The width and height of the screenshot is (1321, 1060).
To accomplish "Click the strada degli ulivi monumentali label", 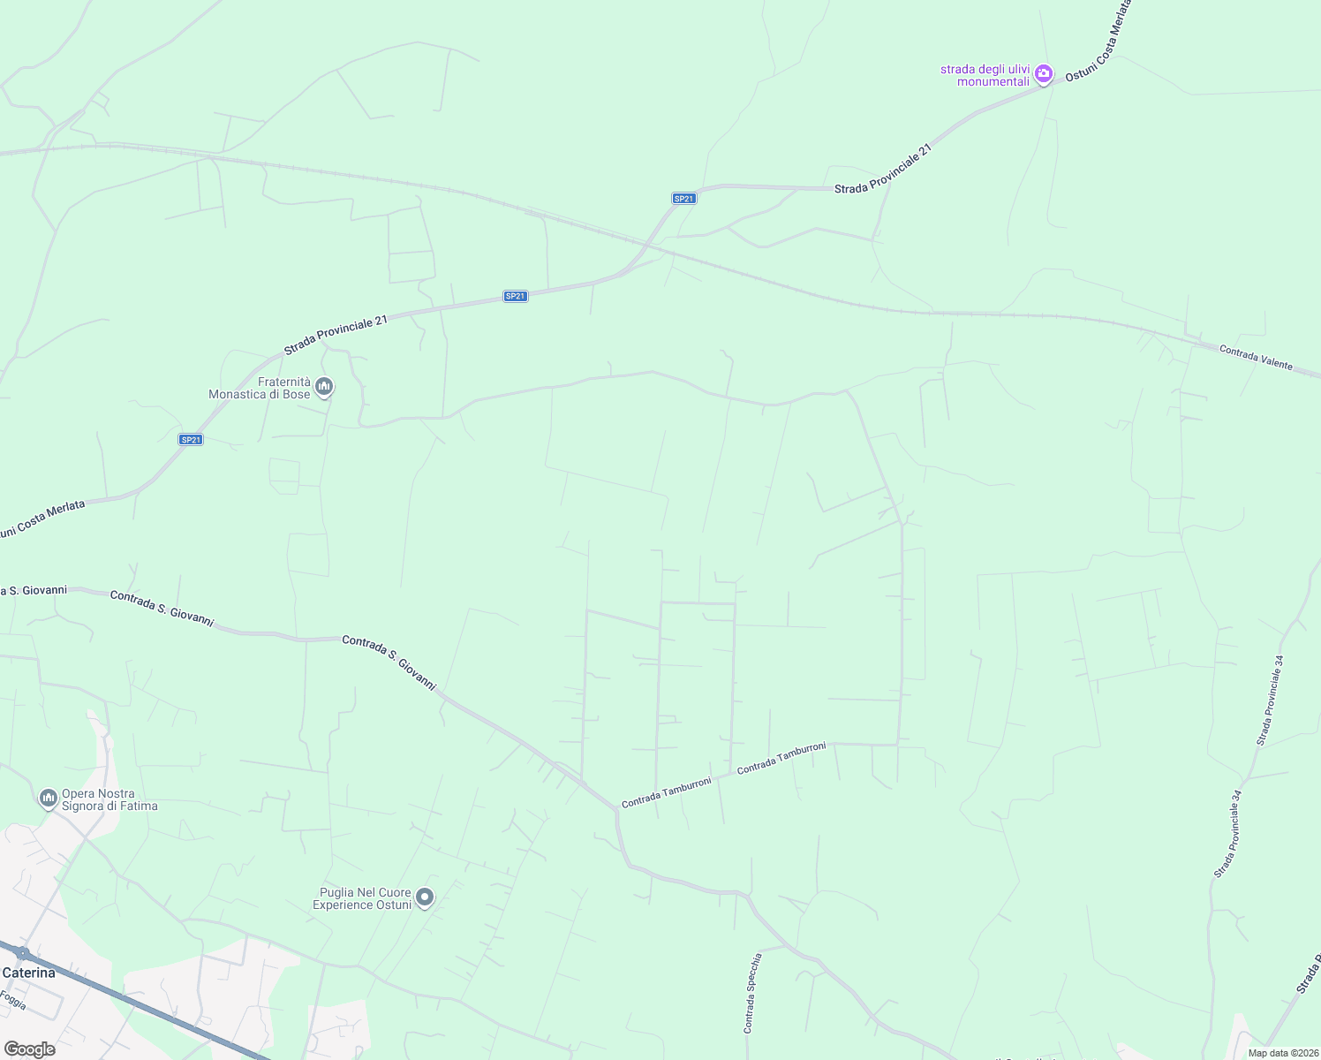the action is pyautogui.click(x=985, y=75).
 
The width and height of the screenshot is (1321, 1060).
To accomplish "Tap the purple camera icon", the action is pyautogui.click(x=1044, y=74).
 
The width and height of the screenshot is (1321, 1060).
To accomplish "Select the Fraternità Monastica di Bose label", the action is pyautogui.click(x=260, y=388).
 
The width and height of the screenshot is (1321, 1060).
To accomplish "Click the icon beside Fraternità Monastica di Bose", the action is pyautogui.click(x=324, y=387).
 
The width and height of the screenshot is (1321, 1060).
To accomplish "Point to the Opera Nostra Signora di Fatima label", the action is pyautogui.click(x=109, y=799).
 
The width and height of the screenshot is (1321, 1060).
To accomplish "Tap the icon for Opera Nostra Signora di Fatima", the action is pyautogui.click(x=48, y=799).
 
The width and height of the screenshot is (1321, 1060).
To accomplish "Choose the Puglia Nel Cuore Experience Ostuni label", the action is pyautogui.click(x=362, y=898).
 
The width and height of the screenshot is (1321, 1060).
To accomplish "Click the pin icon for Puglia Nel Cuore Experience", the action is pyautogui.click(x=425, y=897).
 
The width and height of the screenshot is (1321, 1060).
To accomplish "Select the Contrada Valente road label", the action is pyautogui.click(x=1256, y=358).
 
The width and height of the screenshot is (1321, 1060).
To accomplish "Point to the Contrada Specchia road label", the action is pyautogui.click(x=752, y=993).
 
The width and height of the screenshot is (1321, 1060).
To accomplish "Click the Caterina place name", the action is pyautogui.click(x=28, y=973).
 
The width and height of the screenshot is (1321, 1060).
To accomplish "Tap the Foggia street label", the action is pyautogui.click(x=12, y=1000).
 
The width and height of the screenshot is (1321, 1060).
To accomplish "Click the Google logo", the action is pyautogui.click(x=29, y=1049).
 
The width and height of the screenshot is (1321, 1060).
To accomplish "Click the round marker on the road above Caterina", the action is pyautogui.click(x=23, y=953).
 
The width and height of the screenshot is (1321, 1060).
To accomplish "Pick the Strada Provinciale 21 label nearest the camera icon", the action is pyautogui.click(x=883, y=169).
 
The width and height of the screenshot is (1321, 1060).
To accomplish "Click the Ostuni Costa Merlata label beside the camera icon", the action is pyautogui.click(x=1098, y=42).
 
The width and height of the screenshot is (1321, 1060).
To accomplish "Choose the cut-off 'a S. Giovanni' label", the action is pyautogui.click(x=34, y=590).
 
